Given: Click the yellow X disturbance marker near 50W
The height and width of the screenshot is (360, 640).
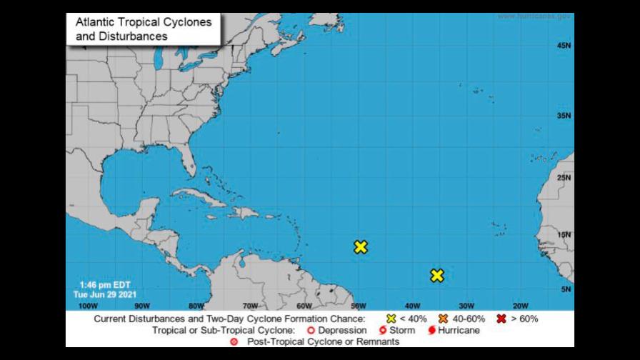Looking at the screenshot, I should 361,247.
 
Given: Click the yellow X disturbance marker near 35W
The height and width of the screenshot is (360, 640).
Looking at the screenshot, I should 437,275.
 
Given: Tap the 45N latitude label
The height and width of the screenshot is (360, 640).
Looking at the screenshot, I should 564,46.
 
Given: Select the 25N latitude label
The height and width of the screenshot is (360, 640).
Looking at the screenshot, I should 564,178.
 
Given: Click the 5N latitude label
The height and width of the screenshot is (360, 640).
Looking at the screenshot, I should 566,289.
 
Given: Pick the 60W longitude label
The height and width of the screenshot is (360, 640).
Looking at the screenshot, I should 304,305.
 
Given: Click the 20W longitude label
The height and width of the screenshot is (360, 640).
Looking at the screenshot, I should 520,305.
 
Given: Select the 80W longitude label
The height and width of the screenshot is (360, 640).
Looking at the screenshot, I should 196,305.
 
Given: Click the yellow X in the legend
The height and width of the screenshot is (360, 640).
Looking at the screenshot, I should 391,319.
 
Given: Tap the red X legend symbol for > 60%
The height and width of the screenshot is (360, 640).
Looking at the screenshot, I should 501,319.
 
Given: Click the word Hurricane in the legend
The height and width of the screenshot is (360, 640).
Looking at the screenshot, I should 459,331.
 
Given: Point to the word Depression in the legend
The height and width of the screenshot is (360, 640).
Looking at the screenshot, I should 342,331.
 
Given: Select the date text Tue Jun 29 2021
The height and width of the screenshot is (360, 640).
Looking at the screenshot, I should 106,294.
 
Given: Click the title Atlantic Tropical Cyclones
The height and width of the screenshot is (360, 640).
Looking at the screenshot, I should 144,22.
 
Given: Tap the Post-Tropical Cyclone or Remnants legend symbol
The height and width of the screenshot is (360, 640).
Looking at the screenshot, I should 234,342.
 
